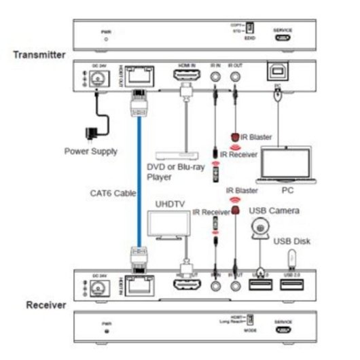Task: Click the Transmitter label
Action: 39,54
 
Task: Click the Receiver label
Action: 46,305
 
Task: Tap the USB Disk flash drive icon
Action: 293,257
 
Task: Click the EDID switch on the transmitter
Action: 249,28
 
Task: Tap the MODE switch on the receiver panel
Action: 249,319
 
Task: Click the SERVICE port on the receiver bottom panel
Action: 281,331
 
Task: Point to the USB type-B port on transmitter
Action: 278,75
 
